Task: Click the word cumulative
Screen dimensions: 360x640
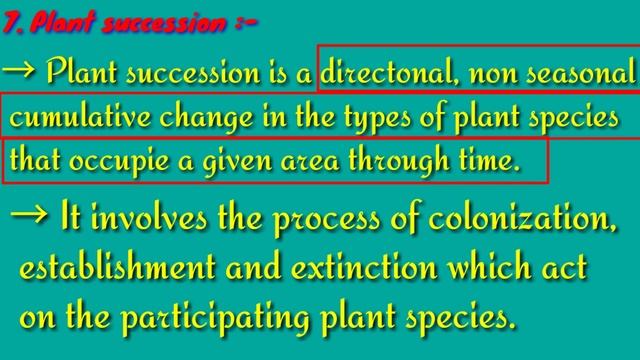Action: tap(68, 117)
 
